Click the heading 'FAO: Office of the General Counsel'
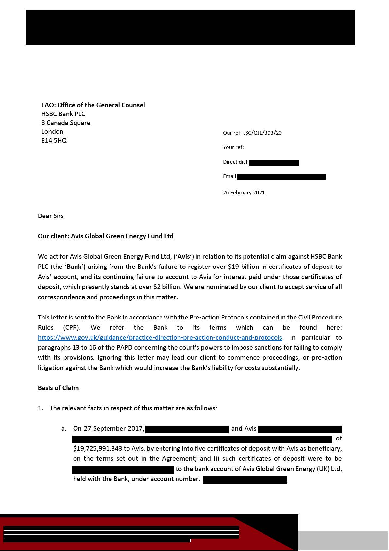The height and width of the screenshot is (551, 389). (93, 105)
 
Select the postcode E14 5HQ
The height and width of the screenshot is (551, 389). (54, 140)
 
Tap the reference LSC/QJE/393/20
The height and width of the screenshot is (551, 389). (262, 133)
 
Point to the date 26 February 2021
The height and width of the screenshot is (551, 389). (244, 192)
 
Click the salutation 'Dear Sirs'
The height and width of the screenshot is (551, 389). (51, 216)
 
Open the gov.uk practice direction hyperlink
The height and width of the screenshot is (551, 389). (160, 337)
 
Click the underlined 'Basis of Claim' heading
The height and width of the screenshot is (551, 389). (58, 388)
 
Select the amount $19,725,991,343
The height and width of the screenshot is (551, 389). (97, 448)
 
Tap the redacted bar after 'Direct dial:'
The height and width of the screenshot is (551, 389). (274, 163)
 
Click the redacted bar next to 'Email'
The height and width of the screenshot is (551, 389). (281, 177)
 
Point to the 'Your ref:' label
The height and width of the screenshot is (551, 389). (233, 147)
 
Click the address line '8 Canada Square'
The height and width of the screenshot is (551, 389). (66, 123)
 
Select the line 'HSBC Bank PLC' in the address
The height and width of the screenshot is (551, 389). (63, 114)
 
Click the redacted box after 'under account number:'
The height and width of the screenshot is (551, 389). (245, 480)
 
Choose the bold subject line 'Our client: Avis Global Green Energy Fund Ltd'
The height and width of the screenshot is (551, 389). (106, 236)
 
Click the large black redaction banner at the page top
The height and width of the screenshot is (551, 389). (190, 27)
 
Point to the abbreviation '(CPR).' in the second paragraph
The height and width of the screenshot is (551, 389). (72, 327)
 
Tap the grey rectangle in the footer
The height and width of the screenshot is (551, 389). (343, 541)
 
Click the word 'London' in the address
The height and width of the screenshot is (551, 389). (52, 131)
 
